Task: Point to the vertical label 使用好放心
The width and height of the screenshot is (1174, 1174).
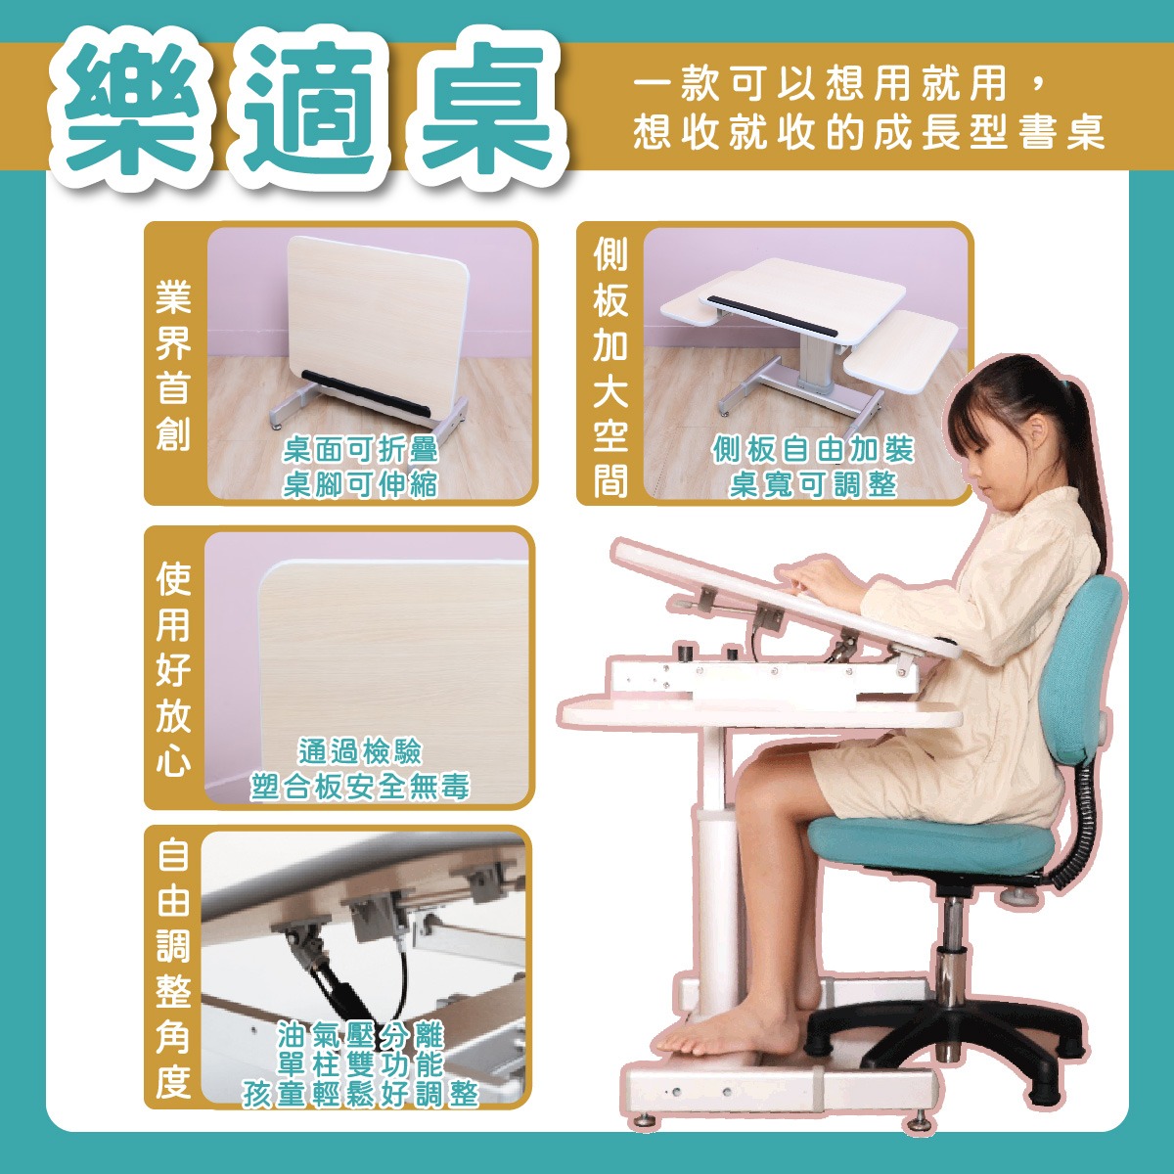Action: [x=173, y=669]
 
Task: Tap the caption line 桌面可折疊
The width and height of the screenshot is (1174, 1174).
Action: [x=360, y=451]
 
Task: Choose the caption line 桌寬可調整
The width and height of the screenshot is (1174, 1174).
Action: [x=813, y=485]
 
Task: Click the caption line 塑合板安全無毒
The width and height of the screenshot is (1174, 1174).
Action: [x=359, y=788]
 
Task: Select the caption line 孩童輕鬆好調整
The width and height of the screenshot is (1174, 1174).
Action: [x=360, y=1095]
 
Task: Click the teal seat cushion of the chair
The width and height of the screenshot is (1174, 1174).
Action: [x=931, y=842]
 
